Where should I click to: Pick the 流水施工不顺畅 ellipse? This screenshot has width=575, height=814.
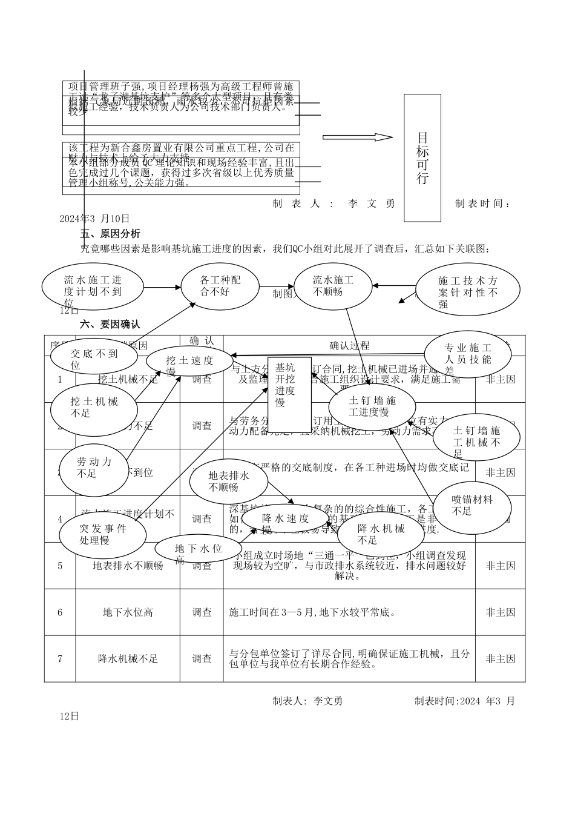click(333, 285)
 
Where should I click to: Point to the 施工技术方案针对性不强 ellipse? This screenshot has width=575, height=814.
click(468, 290)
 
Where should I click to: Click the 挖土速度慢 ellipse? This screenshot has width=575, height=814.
click(189, 363)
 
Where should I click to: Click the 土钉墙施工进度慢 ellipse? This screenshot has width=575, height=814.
click(373, 406)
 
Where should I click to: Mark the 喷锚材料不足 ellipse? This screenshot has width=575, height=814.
click(473, 505)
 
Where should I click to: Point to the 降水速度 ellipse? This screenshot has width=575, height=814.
click(286, 518)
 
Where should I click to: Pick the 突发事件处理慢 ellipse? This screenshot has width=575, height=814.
click(103, 533)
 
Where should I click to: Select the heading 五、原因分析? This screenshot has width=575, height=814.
click(110, 234)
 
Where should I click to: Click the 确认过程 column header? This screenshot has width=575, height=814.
click(349, 346)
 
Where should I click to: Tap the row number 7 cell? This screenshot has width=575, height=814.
click(60, 658)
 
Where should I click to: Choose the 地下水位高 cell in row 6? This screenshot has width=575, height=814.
click(128, 612)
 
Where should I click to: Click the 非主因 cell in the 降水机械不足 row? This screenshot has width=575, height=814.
click(501, 658)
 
